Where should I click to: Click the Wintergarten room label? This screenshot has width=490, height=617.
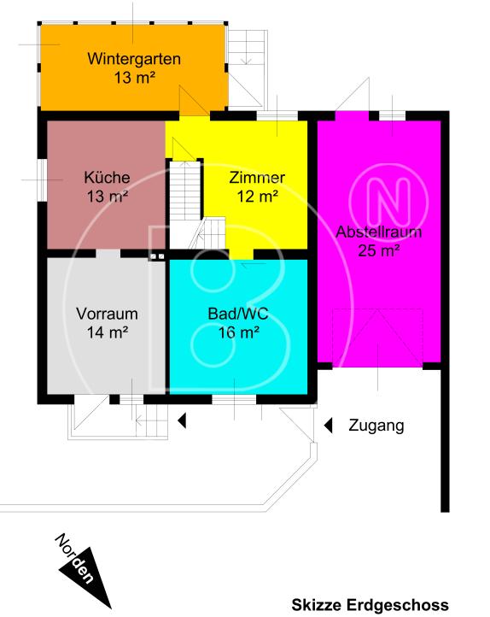133,60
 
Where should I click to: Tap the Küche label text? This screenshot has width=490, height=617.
107,178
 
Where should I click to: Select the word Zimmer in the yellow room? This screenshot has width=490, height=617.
257,178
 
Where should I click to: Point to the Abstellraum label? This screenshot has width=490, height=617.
379,232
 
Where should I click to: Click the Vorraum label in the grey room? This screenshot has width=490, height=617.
107,313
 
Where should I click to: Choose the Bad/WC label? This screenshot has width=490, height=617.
239,313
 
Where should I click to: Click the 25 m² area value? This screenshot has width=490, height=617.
379,250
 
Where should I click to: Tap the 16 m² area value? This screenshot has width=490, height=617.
239,332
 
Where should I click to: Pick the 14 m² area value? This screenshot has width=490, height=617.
107,332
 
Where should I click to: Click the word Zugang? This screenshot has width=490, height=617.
376,426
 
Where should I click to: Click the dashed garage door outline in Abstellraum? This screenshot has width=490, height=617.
379,338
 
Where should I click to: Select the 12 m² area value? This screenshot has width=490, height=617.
257,197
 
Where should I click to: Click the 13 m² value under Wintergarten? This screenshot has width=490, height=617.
133,78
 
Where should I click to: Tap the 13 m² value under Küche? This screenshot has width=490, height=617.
107,197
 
